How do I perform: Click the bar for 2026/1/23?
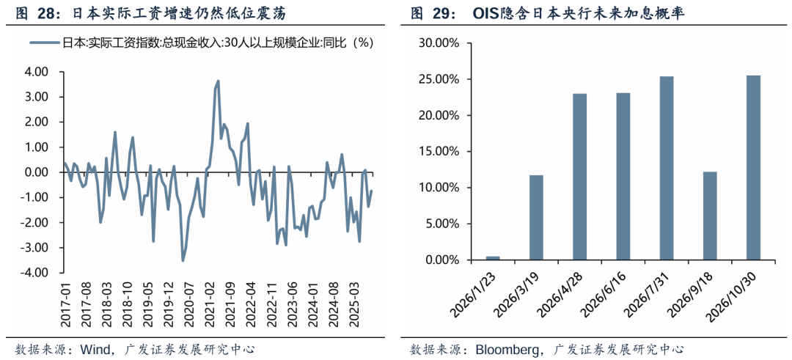[x=493, y=258]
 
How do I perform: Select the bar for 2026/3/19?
[x=536, y=218]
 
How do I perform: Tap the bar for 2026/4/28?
[x=579, y=177]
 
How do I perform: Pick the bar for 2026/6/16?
[x=623, y=176]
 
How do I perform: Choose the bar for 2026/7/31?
[x=666, y=168]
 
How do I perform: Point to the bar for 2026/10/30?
[x=752, y=168]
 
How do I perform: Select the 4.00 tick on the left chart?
[x=36, y=72]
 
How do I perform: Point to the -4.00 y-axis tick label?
[x=34, y=273]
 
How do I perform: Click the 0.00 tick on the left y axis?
[x=36, y=172]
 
